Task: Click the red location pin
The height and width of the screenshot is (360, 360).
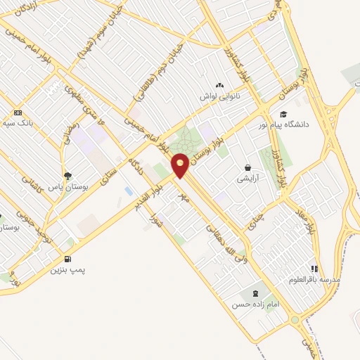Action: coord(180,165)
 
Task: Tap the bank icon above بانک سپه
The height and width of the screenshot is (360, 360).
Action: coord(18,112)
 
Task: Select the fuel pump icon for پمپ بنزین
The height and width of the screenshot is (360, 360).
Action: coord(67,259)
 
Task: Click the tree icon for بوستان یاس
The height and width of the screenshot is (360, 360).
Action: coord(67,176)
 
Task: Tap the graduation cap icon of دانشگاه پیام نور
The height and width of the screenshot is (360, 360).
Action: coord(283,115)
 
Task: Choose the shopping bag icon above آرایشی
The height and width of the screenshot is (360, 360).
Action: coord(247,168)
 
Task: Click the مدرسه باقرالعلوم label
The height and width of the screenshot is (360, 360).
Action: coord(314,279)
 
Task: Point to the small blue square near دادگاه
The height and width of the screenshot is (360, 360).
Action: coord(128,191)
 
